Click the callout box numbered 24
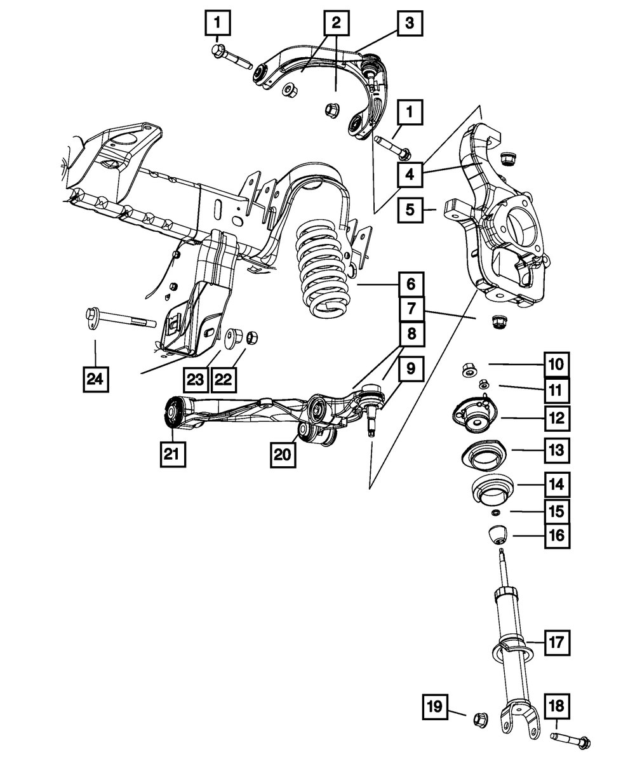[x=95, y=380]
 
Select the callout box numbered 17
[x=556, y=642]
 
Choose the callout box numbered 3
[x=410, y=24]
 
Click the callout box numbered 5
[x=411, y=209]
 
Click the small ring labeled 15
[x=495, y=513]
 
